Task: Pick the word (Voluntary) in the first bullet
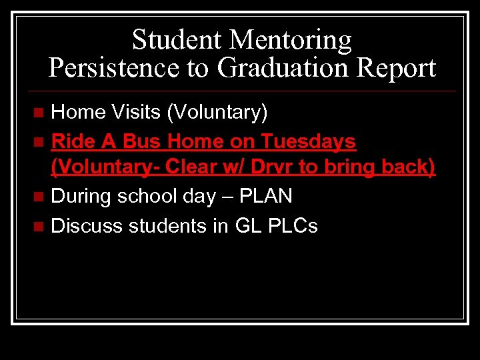coord(217,113)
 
